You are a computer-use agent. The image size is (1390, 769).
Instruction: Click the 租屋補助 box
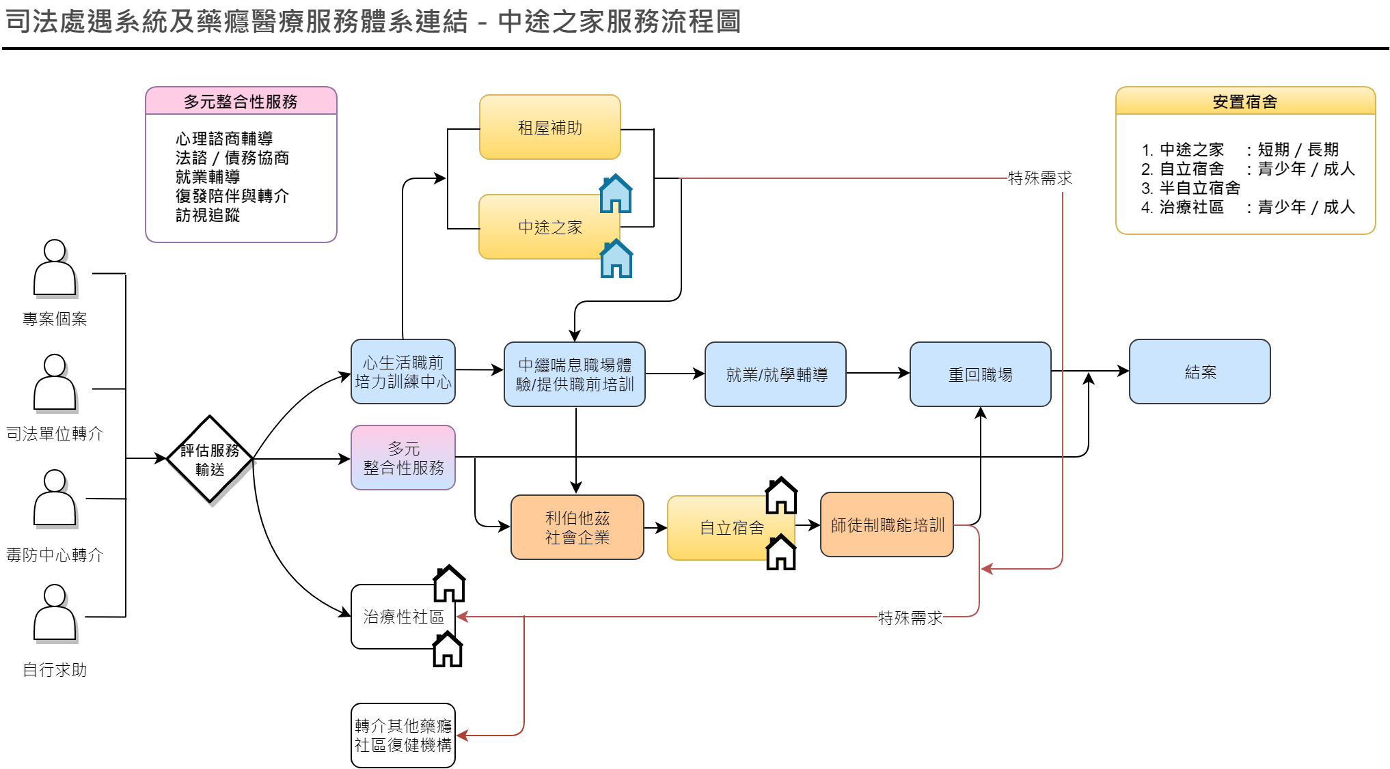[549, 128]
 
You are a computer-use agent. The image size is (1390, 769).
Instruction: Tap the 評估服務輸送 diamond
[210, 460]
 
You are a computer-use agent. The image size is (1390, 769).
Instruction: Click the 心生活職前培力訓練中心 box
[403, 372]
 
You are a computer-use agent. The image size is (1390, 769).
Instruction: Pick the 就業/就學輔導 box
[776, 374]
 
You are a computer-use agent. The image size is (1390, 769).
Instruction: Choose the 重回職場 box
[980, 374]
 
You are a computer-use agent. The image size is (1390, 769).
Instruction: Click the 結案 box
[1199, 372]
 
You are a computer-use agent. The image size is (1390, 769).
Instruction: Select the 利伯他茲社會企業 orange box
[577, 527]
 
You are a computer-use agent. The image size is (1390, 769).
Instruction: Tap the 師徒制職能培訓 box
[887, 525]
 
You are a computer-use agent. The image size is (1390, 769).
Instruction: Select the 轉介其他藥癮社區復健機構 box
[403, 736]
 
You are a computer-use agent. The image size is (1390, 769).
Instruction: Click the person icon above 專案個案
[55, 268]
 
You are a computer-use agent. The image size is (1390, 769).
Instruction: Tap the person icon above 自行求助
[55, 613]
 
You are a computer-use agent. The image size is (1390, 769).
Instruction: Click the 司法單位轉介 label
[55, 434]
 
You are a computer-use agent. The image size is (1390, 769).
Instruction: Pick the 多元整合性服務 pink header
[241, 102]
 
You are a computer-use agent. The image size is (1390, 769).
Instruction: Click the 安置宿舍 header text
[1244, 102]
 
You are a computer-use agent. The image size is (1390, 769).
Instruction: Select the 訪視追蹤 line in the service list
[208, 215]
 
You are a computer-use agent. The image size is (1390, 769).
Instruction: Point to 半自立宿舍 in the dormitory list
[1199, 188]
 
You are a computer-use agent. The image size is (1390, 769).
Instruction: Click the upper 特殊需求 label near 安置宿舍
[1039, 178]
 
